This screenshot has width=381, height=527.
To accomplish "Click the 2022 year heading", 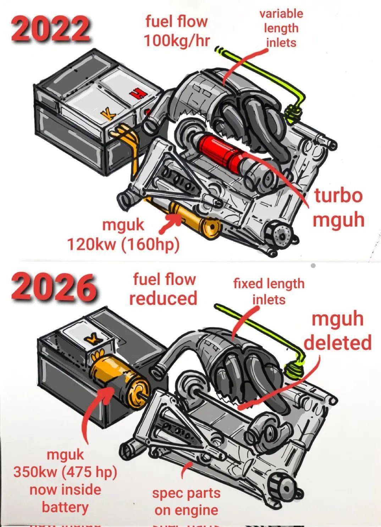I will [50, 28].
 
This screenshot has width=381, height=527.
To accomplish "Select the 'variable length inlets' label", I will [281, 28].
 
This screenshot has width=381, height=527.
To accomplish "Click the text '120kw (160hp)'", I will [123, 245].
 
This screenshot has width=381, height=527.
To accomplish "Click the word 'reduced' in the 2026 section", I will [163, 298].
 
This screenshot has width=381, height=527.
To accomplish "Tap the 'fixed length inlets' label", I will [269, 291].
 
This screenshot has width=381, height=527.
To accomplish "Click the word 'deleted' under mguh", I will [337, 343].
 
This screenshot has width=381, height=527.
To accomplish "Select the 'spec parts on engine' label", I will [186, 501].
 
